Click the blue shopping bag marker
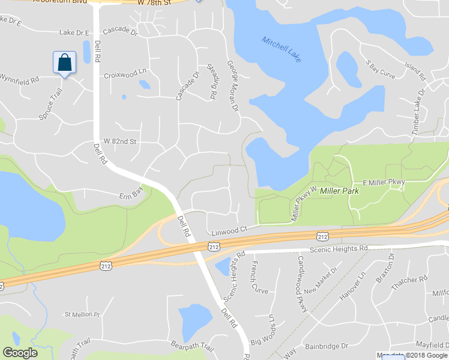click(65, 62)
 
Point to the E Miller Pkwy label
click(384, 182)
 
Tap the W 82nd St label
click(121, 141)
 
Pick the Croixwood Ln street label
click(125, 76)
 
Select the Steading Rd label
click(211, 82)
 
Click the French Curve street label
click(259, 277)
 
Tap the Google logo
click(20, 353)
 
